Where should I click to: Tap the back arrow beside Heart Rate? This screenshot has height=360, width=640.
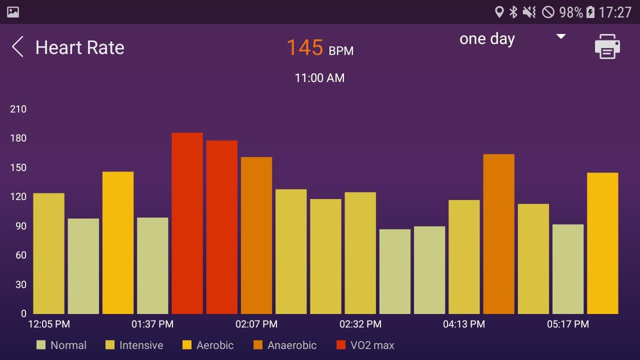coord(17,47)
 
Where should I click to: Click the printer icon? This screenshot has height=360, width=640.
coord(607,46)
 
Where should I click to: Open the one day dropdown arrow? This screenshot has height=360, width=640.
coord(561,36)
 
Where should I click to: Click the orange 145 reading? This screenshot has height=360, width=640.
coord(304,48)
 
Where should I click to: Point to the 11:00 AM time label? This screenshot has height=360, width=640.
coord(319,78)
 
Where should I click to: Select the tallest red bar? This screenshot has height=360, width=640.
coord(187,223)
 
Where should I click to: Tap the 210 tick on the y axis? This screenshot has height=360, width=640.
coord(18,109)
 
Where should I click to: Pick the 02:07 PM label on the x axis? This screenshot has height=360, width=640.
coord(256,324)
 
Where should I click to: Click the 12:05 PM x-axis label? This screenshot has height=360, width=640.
coord(49,324)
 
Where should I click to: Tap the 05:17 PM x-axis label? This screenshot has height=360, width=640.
coord(567,324)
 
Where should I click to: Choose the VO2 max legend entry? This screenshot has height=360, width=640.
coord(365,345)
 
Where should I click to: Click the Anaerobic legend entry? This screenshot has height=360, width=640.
coord(285,345)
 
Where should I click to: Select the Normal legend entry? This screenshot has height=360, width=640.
coord(61,345)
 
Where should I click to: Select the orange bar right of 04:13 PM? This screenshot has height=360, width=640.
coord(498,233)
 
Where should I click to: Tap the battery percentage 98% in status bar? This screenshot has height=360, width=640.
coord(570,12)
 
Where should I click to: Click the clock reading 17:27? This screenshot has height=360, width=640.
coord(615,12)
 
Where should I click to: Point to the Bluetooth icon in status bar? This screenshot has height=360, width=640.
coord(513,12)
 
